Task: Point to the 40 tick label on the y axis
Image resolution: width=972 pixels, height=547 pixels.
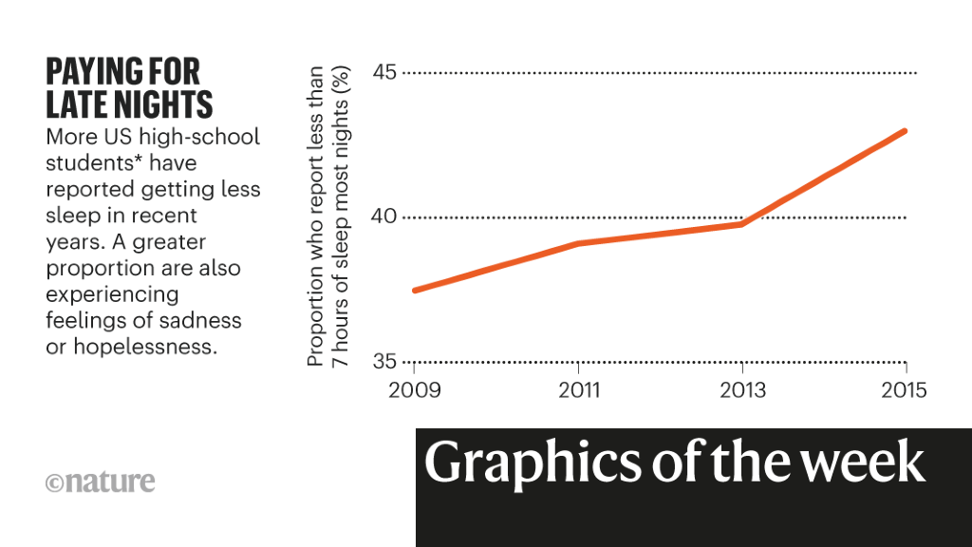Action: pos(382,217)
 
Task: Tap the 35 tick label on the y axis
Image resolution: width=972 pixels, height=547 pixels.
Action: pos(382,362)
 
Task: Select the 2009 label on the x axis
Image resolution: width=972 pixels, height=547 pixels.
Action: pos(415,391)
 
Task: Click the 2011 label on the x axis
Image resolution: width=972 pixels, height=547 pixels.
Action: pos(578,391)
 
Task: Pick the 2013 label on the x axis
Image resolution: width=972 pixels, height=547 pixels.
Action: pos(741,391)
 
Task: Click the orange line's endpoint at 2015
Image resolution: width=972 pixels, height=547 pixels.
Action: pos(906,131)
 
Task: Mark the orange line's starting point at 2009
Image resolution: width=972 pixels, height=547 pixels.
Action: pos(415,290)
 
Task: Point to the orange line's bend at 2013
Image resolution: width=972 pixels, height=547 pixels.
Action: pos(741,223)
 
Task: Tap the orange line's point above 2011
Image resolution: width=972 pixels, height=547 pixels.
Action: pos(578,244)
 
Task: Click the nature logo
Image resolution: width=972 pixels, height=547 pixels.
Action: pos(100,481)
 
